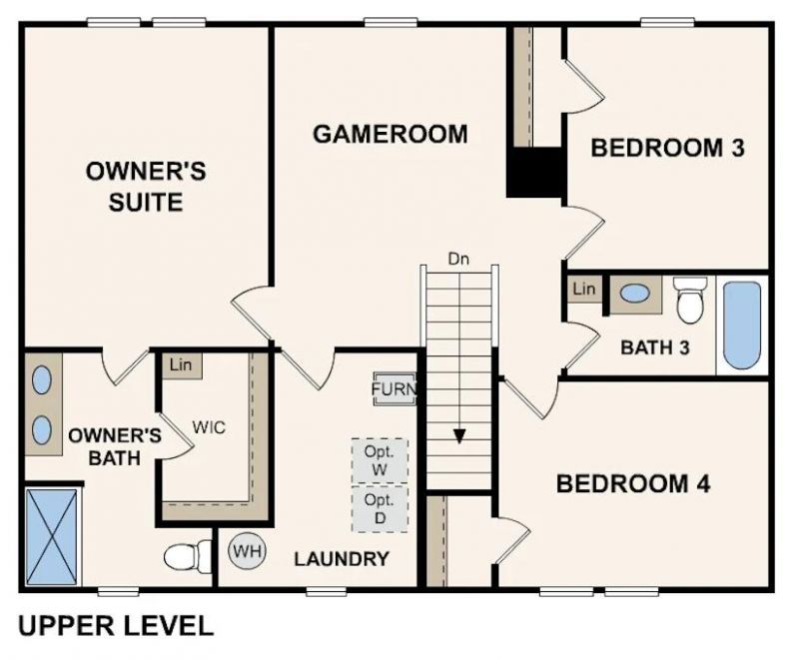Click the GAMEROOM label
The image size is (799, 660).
tap(390, 134)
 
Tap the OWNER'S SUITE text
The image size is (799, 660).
tap(146, 186)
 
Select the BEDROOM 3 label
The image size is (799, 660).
tap(668, 149)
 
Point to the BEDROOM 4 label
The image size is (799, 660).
tap(633, 485)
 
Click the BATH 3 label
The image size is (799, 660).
tap(654, 347)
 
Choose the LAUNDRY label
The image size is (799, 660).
tap(341, 559)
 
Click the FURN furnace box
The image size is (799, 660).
tap(394, 389)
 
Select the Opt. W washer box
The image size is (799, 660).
tap(380, 459)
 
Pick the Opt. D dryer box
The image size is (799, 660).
tap(380, 506)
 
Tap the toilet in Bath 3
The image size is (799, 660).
tap(690, 300)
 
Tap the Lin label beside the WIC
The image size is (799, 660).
tap(181, 365)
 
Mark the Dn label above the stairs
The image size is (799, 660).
tap(458, 260)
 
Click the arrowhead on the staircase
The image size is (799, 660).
tap(458, 435)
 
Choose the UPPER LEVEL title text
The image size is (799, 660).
tap(116, 627)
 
